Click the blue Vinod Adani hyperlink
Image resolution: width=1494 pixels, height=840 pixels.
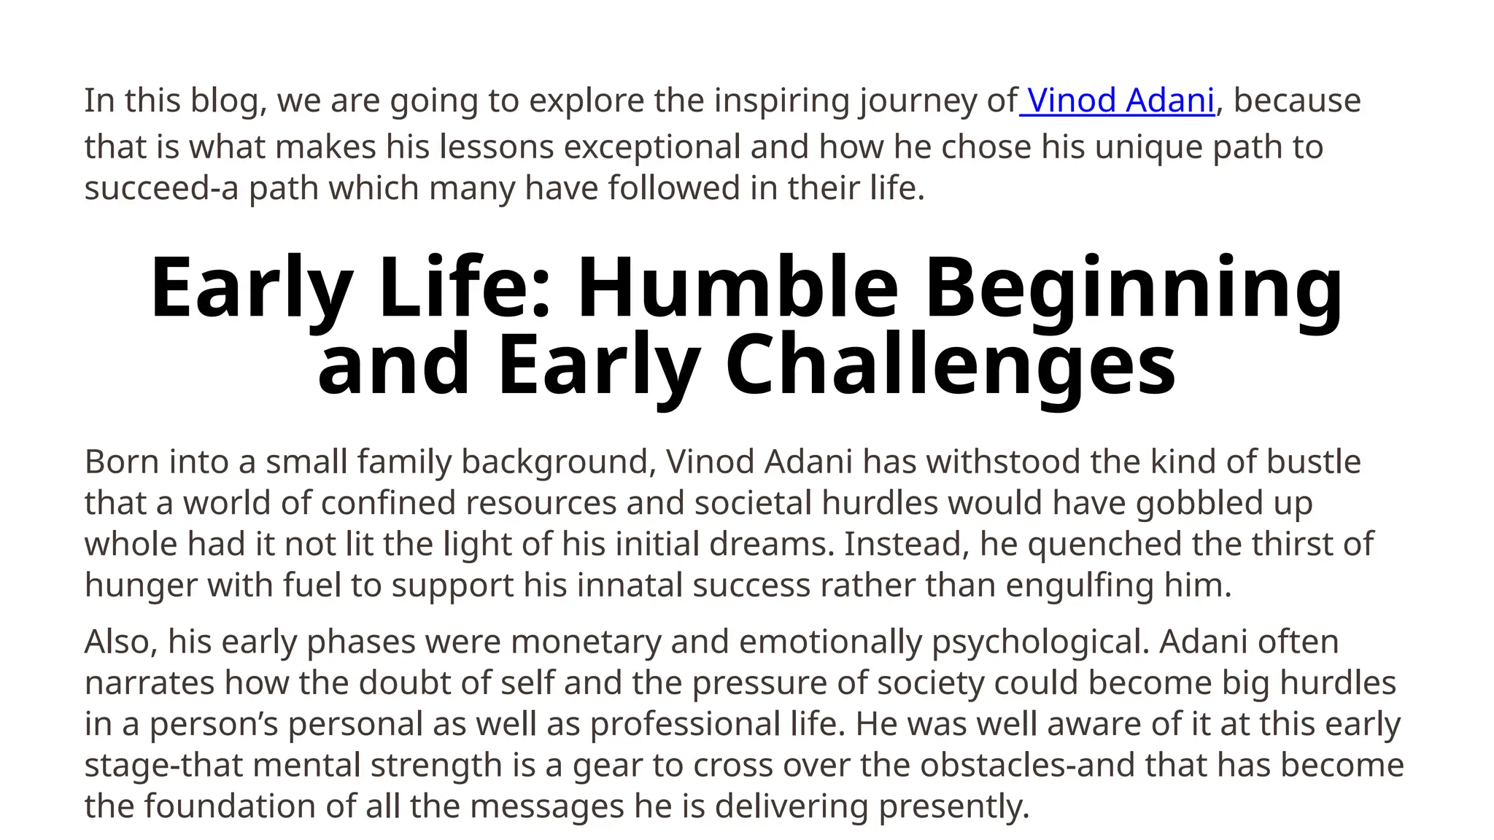coord(1120,101)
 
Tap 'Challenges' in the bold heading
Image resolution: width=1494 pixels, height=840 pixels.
coord(950,364)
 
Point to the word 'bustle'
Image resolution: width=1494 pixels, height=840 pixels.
coord(1313,462)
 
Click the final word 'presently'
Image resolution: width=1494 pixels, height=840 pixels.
coord(953,806)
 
